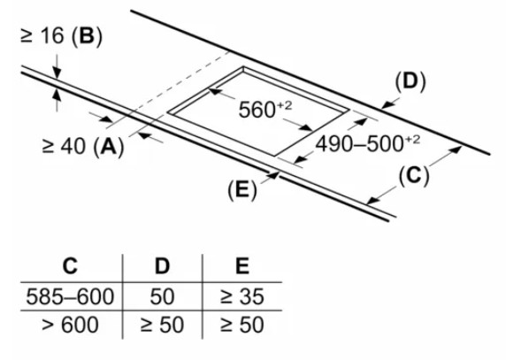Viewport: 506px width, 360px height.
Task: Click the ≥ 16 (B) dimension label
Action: click(x=61, y=35)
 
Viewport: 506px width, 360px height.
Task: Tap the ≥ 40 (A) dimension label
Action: click(x=83, y=147)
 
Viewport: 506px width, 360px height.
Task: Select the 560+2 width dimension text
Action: click(x=264, y=109)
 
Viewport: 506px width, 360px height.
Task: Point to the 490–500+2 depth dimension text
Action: click(x=368, y=143)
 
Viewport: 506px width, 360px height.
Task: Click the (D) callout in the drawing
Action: click(x=410, y=81)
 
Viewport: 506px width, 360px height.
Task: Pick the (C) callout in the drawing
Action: click(x=414, y=176)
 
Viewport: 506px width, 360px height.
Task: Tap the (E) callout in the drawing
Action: click(x=242, y=190)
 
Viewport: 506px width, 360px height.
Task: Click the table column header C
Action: click(x=71, y=266)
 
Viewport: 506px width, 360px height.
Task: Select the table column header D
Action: click(x=162, y=266)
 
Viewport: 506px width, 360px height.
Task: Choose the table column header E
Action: click(x=242, y=266)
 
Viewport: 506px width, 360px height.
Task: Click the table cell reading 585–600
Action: click(x=70, y=296)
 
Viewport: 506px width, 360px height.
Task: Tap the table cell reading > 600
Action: click(x=70, y=325)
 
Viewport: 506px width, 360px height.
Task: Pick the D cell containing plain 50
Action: click(x=162, y=296)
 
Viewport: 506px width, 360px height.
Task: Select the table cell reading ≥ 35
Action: click(x=242, y=296)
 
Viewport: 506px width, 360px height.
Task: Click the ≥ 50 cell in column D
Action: click(x=162, y=325)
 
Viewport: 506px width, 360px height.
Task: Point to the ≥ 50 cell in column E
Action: click(x=242, y=325)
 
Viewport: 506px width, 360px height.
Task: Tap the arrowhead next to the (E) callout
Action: click(x=273, y=175)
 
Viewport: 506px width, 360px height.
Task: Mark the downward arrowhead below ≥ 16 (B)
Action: click(x=57, y=73)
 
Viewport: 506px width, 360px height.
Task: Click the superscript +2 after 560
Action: click(x=284, y=106)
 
